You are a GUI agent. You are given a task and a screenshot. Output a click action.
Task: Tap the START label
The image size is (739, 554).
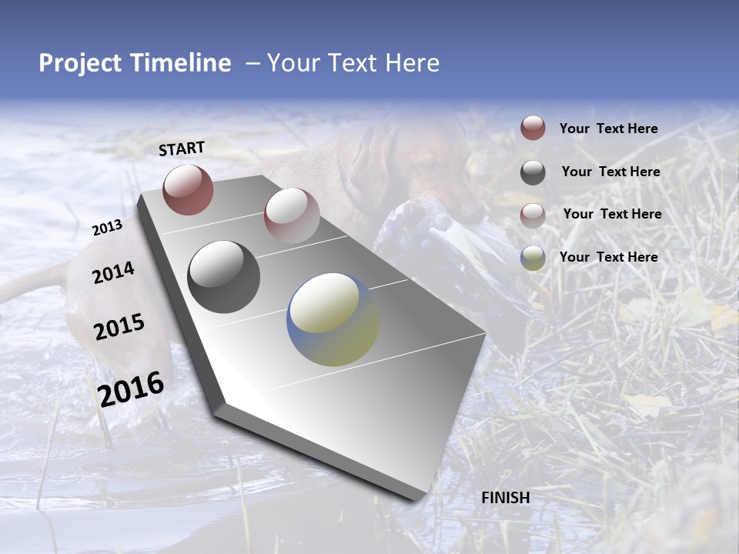[182, 149]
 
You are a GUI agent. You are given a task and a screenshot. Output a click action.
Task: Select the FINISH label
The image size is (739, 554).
[505, 498]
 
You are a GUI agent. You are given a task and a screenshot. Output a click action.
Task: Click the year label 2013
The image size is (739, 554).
[107, 227]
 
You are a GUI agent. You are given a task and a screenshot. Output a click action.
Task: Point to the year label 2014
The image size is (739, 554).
[113, 273]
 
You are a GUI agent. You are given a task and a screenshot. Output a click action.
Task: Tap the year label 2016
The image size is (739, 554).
[131, 389]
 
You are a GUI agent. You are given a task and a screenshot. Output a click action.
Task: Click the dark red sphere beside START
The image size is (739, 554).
[188, 189]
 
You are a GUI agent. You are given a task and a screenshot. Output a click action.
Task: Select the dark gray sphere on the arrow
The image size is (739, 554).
[224, 277]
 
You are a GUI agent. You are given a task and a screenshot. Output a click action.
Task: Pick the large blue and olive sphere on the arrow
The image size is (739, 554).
[333, 319]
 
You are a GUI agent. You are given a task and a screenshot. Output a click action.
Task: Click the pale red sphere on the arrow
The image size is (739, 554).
[292, 215]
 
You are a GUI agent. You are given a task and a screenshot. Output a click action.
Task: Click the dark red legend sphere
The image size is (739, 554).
[533, 128]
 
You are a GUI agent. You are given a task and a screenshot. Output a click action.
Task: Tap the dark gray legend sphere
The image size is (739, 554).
[533, 172]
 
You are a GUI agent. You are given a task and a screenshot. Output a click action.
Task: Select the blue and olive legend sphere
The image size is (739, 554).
[533, 258]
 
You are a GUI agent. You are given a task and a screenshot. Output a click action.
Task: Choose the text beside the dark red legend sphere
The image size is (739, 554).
[608, 129]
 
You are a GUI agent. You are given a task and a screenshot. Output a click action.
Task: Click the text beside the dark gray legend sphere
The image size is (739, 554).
[610, 172]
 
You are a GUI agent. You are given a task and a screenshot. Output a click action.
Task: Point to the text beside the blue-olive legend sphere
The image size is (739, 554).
[608, 257]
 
